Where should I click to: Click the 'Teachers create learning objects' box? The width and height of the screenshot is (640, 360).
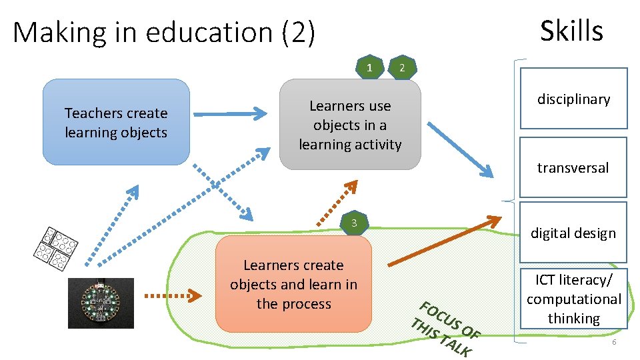(x=116, y=123)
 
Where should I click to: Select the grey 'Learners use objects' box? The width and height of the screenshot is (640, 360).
(x=350, y=125)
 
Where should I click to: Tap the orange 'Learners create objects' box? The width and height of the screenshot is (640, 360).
(x=293, y=284)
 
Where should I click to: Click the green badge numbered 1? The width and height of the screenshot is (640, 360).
(x=369, y=67)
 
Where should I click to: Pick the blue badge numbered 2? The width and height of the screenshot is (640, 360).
(x=401, y=68)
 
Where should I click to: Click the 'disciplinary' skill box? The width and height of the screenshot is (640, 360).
(x=573, y=99)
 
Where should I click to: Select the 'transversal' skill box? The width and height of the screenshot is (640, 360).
(x=573, y=167)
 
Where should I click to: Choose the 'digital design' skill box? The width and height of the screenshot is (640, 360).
(x=573, y=233)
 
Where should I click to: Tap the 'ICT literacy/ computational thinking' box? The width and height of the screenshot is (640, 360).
(x=573, y=299)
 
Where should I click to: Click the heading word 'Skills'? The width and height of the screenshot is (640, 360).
(x=571, y=31)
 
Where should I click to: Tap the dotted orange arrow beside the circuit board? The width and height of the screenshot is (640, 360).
(x=173, y=294)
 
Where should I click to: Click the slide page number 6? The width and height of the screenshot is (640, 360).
(x=614, y=342)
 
